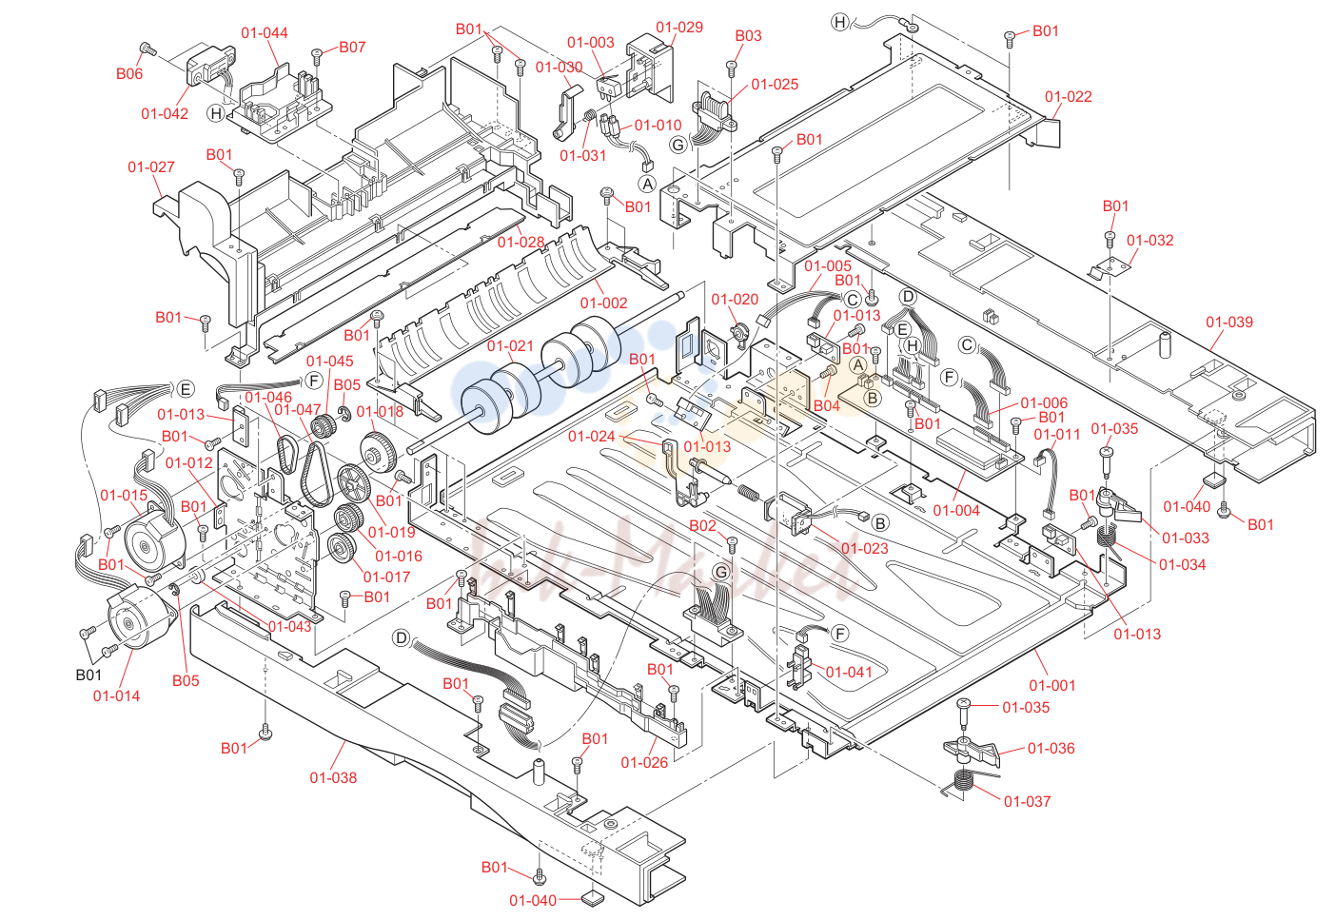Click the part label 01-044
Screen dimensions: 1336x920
(265, 32)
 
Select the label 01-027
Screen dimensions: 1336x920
(151, 166)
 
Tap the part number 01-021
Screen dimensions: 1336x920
(511, 345)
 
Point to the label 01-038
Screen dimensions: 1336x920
(333, 777)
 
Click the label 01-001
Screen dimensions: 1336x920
(1052, 685)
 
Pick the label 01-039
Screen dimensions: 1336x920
(1229, 322)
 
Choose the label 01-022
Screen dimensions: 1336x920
(1069, 97)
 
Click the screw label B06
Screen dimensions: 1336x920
(129, 73)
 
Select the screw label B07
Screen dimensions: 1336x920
(352, 48)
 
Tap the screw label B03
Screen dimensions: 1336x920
(749, 36)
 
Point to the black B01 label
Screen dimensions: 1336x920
(88, 675)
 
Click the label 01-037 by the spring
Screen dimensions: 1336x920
(1028, 801)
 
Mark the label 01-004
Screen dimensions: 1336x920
(956, 510)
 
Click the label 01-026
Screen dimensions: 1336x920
(645, 763)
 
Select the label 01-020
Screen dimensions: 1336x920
(736, 300)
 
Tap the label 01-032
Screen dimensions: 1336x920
(1150, 241)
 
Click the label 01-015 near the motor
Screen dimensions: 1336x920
(124, 495)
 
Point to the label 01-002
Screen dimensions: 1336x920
(604, 303)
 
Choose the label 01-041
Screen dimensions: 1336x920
(850, 672)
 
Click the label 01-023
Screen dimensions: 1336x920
(865, 549)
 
